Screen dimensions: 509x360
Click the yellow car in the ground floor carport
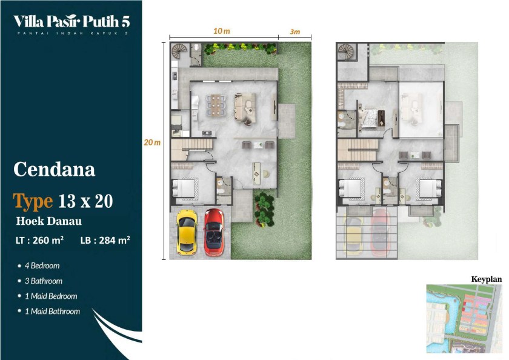[187, 232]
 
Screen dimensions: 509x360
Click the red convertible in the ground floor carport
[214, 232]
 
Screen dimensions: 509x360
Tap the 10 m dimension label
[222, 31]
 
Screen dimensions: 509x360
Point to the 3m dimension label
[294, 32]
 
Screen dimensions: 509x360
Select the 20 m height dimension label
[152, 142]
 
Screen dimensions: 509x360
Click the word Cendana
[54, 169]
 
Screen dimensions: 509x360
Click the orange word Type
[33, 201]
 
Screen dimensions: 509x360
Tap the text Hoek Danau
[49, 221]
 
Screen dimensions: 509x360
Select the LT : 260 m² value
[39, 240]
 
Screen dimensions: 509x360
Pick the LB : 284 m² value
[105, 240]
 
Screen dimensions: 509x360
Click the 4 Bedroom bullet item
[39, 266]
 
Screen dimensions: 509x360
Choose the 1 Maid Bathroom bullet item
[49, 312]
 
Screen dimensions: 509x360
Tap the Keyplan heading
[486, 279]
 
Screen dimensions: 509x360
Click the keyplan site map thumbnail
[464, 319]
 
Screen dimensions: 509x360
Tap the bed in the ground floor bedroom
[184, 188]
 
